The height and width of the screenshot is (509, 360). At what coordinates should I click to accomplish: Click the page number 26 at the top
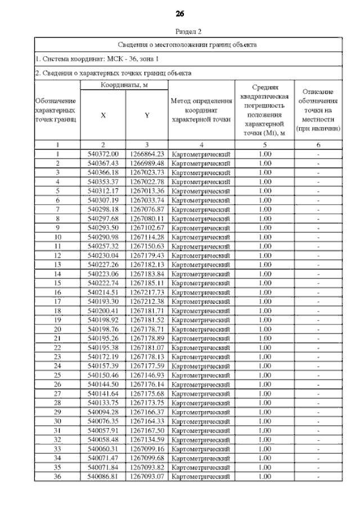pos(180,13)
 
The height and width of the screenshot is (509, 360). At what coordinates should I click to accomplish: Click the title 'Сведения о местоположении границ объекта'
pos(188,44)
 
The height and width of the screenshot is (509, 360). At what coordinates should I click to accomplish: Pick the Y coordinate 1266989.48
pos(146,163)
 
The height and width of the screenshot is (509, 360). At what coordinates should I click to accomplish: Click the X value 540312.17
pos(103,190)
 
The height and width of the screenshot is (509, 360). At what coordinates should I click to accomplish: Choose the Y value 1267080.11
pos(146,218)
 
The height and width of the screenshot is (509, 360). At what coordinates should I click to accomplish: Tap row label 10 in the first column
pos(57,236)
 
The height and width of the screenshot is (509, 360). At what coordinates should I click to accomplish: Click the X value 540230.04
pos(103,255)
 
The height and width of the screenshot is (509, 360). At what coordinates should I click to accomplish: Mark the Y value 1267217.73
pos(146,292)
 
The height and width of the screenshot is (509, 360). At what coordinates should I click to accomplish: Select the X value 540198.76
pos(103,328)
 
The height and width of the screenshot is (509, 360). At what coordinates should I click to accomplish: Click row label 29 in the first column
pos(57,412)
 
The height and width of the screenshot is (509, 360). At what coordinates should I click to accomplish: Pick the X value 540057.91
pos(103,430)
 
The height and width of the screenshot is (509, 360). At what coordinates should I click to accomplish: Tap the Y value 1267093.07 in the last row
pos(146,476)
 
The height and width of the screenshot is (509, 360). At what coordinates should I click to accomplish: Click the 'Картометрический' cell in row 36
pos(201,476)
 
